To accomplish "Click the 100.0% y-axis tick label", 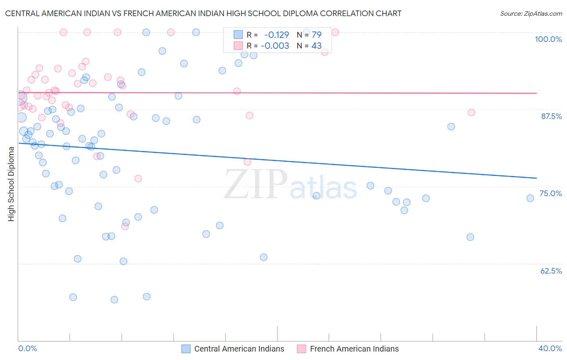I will [548, 39].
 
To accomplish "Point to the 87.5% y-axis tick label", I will [551, 116].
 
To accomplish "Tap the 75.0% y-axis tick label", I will [550, 193].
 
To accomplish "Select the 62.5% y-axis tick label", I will [551, 271].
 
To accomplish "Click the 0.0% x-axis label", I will [27, 348].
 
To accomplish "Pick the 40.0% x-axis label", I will [550, 348].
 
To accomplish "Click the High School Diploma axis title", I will [11, 184].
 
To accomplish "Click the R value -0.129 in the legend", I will [276, 35].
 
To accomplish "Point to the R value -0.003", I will [275, 46].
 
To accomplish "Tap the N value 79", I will [317, 35].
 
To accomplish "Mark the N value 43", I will [317, 46].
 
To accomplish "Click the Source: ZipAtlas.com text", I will [531, 14].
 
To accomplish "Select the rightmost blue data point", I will [530, 198].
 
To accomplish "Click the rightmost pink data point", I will [471, 113].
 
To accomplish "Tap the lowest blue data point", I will [114, 299].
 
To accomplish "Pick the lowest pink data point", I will [125, 226].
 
